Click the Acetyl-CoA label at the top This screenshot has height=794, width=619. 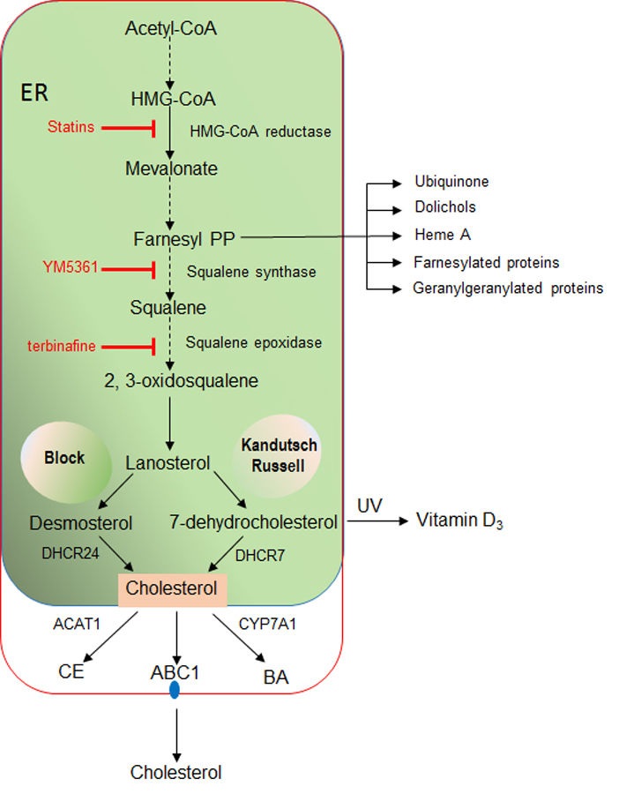click(x=170, y=28)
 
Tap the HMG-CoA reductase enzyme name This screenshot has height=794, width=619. click(x=260, y=131)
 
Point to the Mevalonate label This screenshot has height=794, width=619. click(x=170, y=168)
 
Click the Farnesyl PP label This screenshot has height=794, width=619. click(x=183, y=237)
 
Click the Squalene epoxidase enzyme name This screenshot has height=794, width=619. click(x=254, y=342)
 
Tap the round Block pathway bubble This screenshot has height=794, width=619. click(x=66, y=459)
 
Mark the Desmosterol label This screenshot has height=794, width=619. click(x=80, y=523)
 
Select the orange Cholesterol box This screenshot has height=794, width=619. click(x=173, y=588)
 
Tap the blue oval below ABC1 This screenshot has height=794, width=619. click(x=175, y=690)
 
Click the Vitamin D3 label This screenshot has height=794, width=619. click(x=458, y=522)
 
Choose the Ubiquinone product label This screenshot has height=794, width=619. click(x=451, y=182)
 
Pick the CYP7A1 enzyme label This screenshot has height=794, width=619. click(x=264, y=625)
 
